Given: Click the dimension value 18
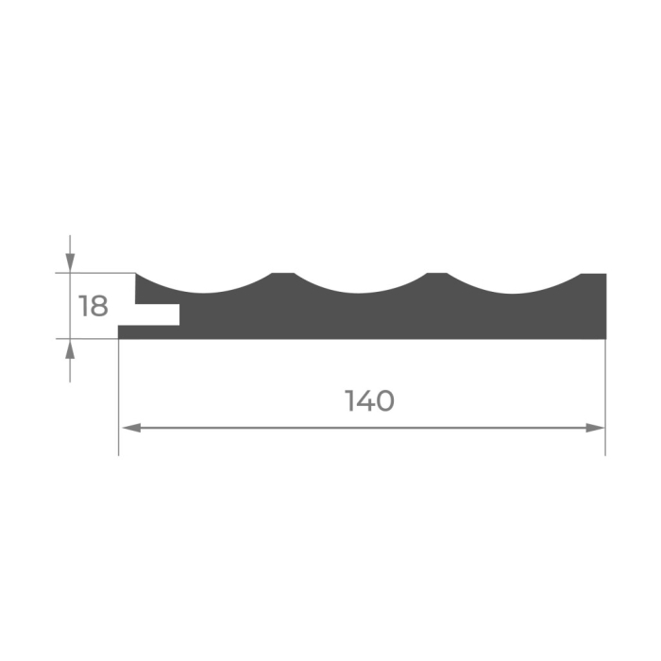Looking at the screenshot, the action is pos(93,306).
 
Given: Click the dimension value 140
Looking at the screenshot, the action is pos(369,400).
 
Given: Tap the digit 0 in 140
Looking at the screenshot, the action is pos(384,401).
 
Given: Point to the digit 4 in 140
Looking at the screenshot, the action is pos(364,400).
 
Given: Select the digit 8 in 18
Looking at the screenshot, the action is pos(98,306).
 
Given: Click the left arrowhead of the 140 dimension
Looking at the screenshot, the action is pos(131,429).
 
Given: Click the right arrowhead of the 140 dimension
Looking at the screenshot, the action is pos(595,429).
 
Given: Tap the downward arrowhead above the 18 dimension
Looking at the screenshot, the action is pos(70,263).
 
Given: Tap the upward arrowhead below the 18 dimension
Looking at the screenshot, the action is pos(70,349).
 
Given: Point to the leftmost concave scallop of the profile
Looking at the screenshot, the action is pos(204,291).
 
